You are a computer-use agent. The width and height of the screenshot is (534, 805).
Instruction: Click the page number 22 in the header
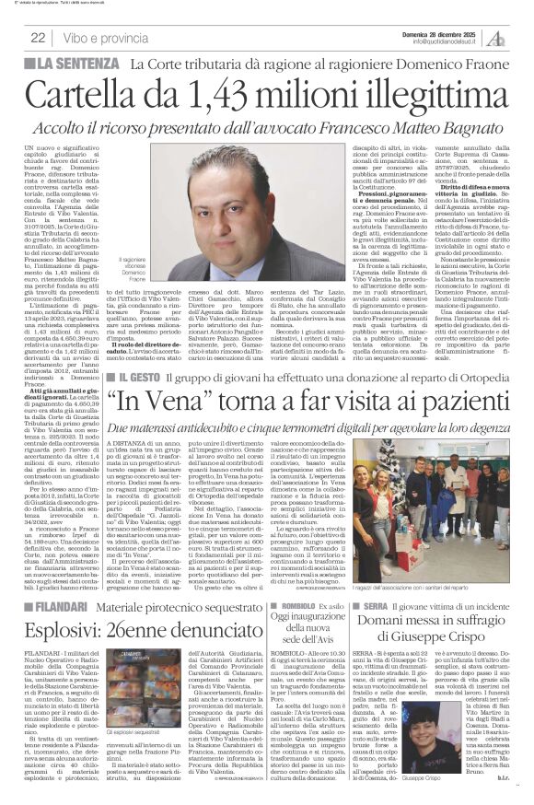[x=39, y=38]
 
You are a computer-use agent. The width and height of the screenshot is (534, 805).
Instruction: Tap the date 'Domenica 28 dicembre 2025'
[x=452, y=32]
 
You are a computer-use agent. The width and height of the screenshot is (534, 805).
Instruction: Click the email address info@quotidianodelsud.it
[x=450, y=41]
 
